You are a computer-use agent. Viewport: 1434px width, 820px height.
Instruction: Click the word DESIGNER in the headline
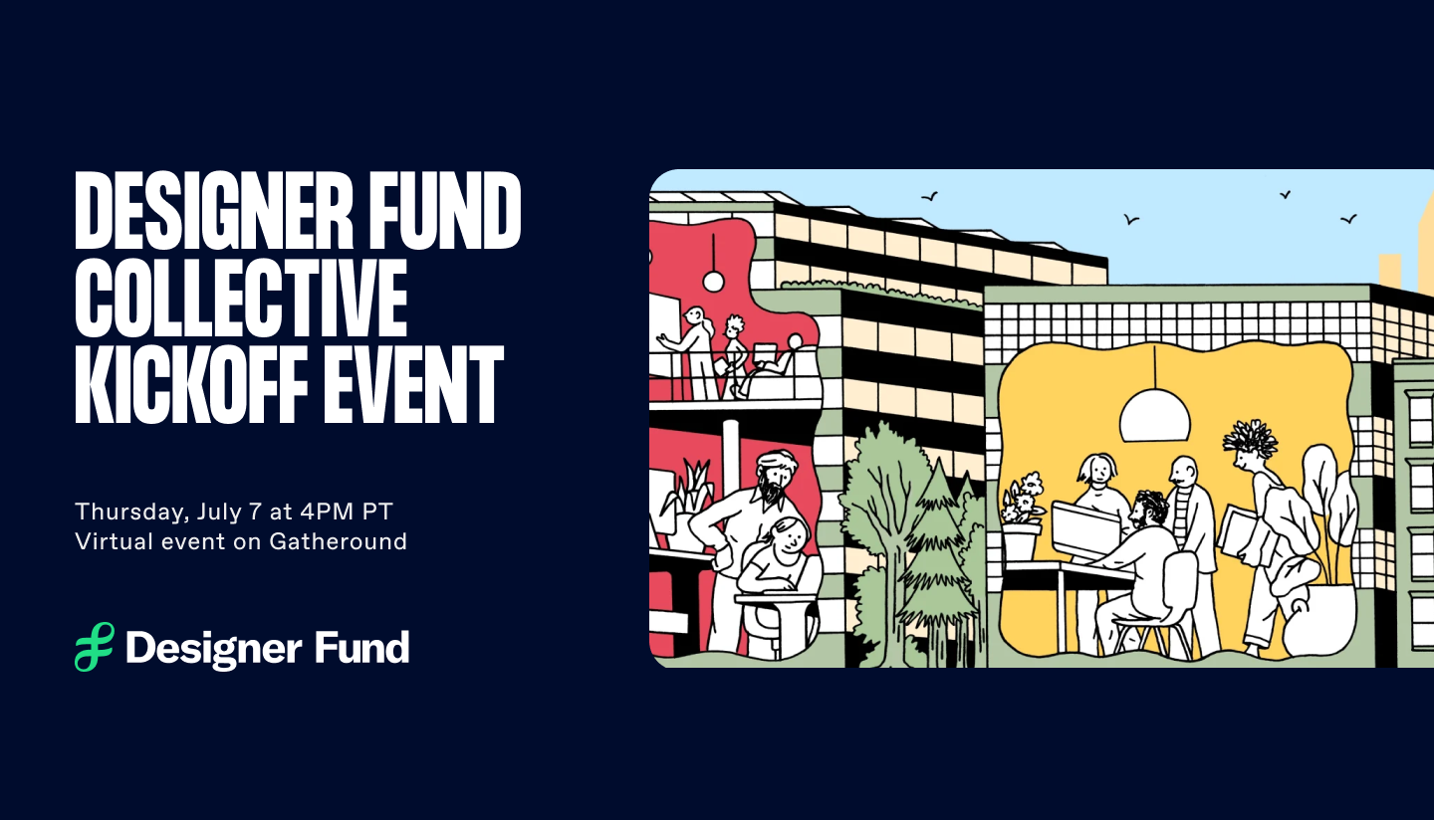(214, 210)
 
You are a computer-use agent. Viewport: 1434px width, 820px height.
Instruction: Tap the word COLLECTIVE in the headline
(241, 299)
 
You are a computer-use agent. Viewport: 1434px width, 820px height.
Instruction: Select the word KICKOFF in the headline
(191, 385)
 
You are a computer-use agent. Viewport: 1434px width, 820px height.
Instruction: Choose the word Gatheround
(338, 541)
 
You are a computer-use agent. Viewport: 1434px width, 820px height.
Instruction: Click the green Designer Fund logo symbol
(95, 647)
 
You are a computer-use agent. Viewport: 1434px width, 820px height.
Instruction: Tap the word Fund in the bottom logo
(361, 647)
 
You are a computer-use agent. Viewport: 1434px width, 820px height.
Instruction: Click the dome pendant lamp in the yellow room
(1155, 416)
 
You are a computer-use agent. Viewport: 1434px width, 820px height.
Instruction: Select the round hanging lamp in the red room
(713, 281)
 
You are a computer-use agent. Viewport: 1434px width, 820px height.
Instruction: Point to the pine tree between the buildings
(936, 556)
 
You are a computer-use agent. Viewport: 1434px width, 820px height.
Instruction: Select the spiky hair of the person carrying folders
(1251, 439)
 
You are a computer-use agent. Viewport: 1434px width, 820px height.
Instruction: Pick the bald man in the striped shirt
(1190, 524)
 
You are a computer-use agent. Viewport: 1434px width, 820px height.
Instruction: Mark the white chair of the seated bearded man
(1166, 601)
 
